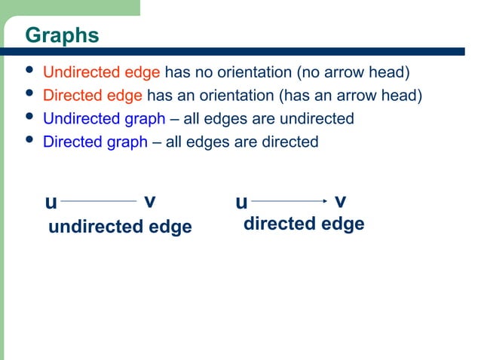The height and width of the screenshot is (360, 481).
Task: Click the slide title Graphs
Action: [62, 35]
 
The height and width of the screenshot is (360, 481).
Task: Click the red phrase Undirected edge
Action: [101, 73]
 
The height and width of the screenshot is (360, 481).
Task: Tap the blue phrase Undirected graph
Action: [104, 118]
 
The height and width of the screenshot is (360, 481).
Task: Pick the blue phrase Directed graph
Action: [95, 141]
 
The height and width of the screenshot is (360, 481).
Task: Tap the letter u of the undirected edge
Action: [51, 203]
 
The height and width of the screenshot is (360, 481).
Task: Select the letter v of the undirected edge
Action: [149, 201]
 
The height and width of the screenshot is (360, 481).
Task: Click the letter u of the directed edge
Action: [241, 203]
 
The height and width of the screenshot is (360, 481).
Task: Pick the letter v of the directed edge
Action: [340, 201]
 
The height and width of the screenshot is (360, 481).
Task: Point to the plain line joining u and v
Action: [98, 201]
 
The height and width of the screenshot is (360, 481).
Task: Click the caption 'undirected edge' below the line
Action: [120, 227]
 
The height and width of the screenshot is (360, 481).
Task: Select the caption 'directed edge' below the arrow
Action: [304, 224]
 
